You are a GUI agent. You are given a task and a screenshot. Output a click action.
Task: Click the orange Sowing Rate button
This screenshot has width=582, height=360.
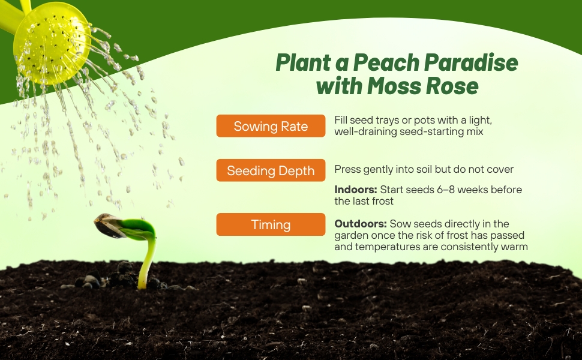[271, 126]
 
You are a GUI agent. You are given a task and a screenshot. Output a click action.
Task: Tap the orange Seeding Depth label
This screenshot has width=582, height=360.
[271, 170]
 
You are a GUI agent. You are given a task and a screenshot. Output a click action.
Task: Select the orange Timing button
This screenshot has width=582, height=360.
[271, 224]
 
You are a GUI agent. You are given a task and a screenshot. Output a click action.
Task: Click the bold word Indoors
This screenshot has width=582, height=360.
[356, 190]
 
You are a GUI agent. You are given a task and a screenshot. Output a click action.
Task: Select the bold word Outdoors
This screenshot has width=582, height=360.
[361, 224]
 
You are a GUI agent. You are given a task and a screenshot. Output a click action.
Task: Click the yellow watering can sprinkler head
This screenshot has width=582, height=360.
[52, 43]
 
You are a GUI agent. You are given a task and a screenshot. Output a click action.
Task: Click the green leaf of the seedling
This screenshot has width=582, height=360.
[137, 228]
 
